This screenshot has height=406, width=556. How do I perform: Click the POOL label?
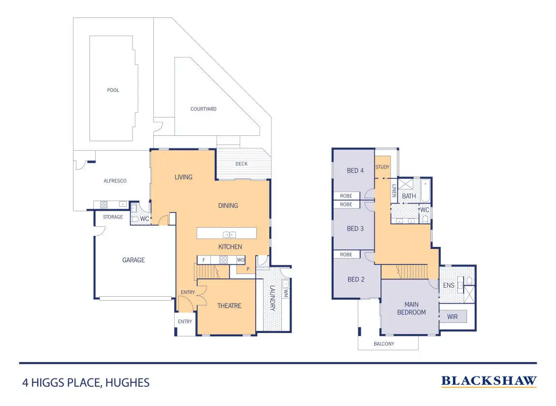113,90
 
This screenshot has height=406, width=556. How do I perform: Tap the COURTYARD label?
204,109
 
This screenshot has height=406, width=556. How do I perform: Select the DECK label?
241,164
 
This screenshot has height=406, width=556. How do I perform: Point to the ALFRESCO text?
115,181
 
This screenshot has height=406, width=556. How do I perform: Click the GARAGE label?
133,260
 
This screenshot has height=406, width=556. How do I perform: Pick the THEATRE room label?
229,306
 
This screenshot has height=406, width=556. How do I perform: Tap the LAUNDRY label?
272,299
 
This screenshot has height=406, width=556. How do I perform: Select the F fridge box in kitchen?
204,260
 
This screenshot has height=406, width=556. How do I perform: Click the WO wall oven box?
241,260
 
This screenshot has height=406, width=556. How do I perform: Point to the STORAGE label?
113,217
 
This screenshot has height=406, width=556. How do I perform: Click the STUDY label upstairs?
382,167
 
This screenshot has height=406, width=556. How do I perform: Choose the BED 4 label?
355,171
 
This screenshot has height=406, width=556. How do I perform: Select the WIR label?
453,317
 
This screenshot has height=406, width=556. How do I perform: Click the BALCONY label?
384,344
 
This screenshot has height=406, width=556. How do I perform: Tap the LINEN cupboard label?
395,191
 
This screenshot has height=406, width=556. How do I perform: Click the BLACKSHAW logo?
489,381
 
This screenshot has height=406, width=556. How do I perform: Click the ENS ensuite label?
449,286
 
